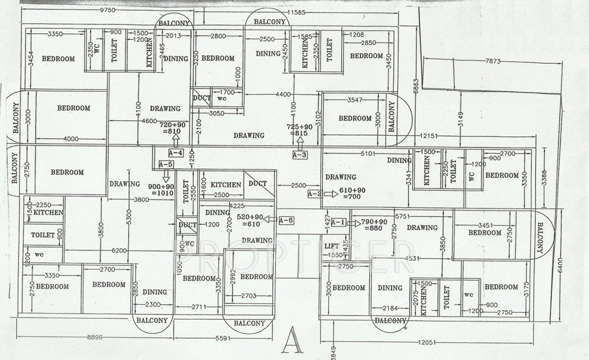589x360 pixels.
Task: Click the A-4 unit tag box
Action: (x=175, y=152)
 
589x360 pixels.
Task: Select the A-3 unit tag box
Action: (x=300, y=154)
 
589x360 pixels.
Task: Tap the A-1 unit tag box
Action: (x=339, y=222)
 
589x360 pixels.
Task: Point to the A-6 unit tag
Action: (x=286, y=220)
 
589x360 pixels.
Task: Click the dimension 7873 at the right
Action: (x=493, y=61)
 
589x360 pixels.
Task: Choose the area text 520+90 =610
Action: (x=250, y=221)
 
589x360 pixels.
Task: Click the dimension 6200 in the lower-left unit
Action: (x=119, y=250)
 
